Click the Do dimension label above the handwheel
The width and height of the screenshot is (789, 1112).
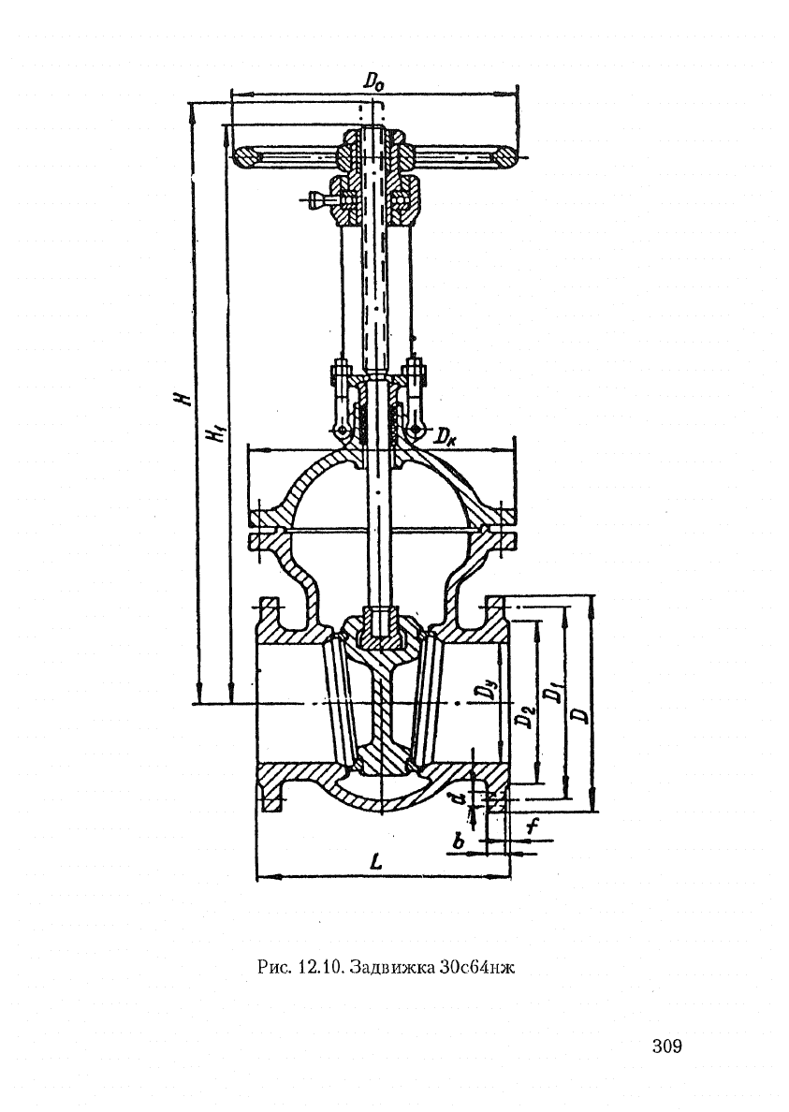click(x=373, y=80)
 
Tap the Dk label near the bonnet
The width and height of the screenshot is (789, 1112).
click(x=446, y=434)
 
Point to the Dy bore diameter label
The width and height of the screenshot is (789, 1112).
click(x=486, y=689)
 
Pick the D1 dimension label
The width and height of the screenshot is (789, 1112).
click(x=554, y=692)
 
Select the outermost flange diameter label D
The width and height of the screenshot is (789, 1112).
click(x=581, y=713)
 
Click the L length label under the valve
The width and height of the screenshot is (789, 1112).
click(x=376, y=862)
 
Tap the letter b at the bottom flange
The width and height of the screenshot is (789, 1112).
click(x=459, y=841)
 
